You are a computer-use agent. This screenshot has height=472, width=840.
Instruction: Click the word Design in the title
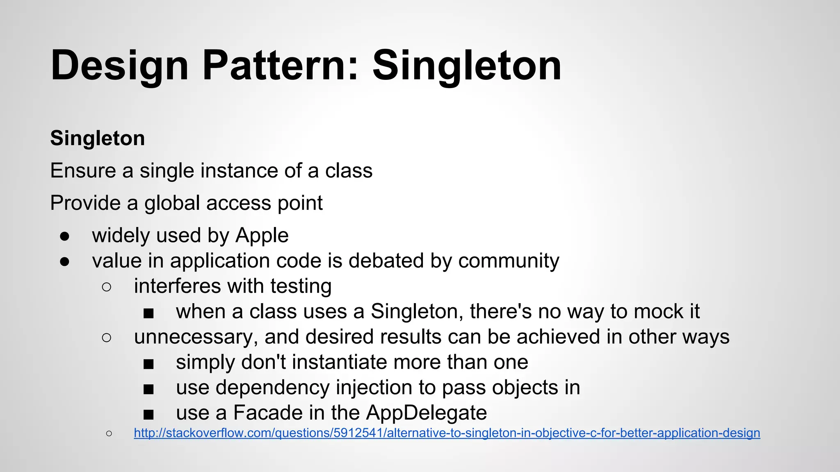point(119,66)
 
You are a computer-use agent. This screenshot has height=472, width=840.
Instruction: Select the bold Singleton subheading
point(98,138)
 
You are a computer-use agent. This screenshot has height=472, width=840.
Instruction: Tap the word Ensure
point(83,170)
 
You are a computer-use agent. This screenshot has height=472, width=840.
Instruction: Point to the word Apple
point(262,236)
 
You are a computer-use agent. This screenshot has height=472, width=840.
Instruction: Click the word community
point(509,261)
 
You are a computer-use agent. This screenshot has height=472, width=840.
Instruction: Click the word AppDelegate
point(426,413)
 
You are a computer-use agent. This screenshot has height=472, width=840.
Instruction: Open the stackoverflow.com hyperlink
point(447,433)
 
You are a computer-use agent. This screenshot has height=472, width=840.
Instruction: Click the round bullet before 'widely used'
point(64,236)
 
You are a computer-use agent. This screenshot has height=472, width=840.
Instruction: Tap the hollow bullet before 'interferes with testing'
point(107,287)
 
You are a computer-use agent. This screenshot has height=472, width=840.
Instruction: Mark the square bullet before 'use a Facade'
point(148,415)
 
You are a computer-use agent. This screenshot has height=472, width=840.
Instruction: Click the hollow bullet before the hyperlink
point(109,433)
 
